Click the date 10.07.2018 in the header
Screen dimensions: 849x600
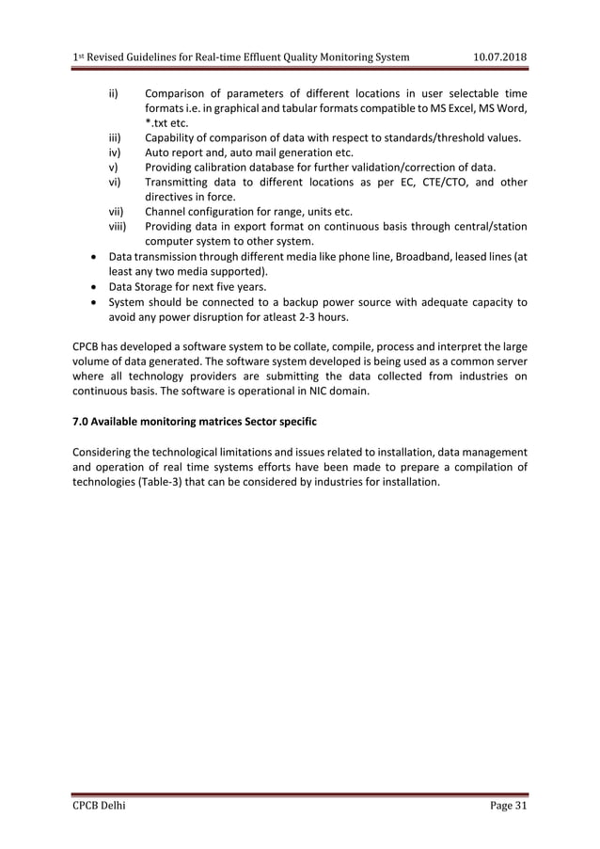pos(498,58)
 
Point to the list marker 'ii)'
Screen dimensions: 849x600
pos(113,93)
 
